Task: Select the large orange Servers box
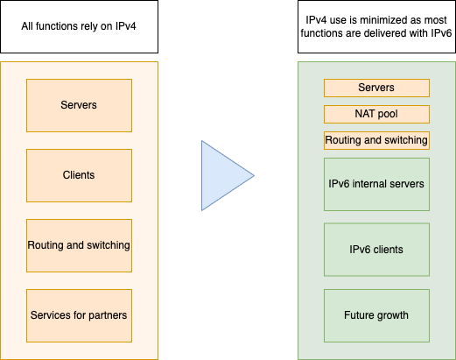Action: tap(79, 105)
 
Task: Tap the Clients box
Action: tap(79, 175)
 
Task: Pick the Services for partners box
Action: tap(79, 315)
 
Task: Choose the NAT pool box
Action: tap(376, 114)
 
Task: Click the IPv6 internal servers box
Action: tap(376, 184)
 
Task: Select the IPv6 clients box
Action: tap(376, 250)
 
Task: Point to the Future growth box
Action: tap(376, 315)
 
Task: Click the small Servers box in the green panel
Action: tap(376, 88)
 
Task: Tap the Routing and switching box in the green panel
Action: tap(376, 140)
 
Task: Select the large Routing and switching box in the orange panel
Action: tap(79, 245)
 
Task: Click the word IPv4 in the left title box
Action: tap(126, 26)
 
